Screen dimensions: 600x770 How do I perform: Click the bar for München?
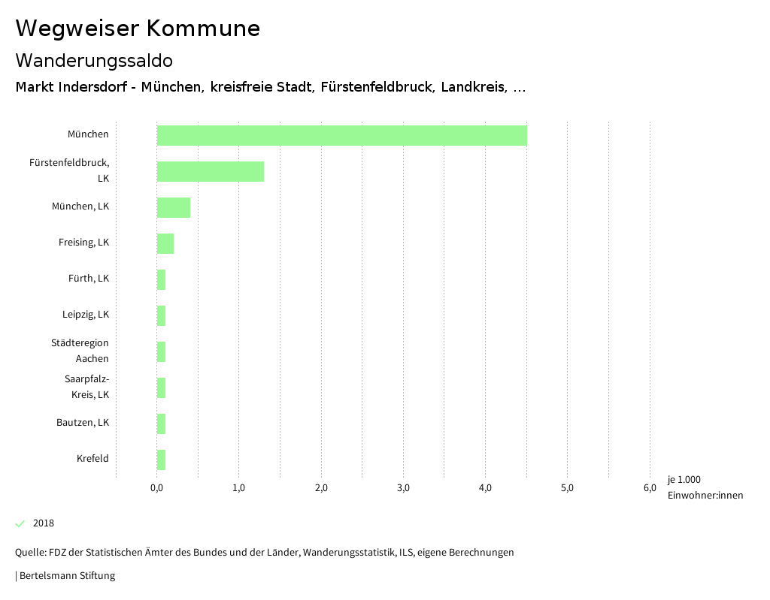341,135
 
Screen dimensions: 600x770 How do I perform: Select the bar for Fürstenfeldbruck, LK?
211,171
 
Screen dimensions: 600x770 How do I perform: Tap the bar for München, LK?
174,207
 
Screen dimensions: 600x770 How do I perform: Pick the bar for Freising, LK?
165,243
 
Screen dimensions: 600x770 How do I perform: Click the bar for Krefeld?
161,460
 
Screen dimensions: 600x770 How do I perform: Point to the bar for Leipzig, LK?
161,315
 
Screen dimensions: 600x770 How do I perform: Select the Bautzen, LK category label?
83,423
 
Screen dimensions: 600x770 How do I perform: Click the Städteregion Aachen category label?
80,351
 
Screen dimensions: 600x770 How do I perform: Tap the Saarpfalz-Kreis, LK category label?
86,387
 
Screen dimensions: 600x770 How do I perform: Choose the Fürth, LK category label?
89,279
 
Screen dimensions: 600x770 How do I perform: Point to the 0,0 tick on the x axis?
157,488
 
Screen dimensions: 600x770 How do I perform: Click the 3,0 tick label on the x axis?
403,488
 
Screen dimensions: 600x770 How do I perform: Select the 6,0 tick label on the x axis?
650,488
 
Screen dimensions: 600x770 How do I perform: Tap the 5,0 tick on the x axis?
568,488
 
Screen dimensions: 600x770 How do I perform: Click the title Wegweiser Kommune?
138,29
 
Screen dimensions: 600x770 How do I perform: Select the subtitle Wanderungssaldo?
94,61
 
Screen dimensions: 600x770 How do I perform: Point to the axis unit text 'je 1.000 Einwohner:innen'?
705,487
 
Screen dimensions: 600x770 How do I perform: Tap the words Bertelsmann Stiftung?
67,576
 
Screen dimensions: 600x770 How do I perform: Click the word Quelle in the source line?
30,553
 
